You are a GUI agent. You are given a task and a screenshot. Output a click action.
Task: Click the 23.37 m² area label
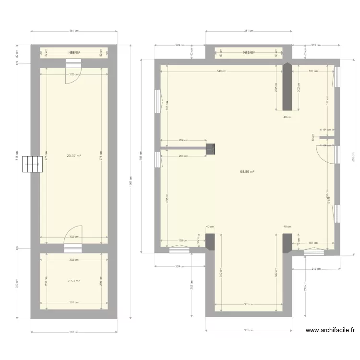(73, 156)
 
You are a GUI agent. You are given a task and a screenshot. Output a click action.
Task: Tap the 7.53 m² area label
(73, 282)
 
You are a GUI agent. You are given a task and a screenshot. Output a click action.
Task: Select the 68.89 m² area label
(247, 171)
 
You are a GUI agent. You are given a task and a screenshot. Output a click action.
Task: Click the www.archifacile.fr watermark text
(331, 330)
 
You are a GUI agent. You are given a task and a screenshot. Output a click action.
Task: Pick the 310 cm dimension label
(17, 283)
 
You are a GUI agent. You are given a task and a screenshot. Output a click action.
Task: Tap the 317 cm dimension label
(327, 101)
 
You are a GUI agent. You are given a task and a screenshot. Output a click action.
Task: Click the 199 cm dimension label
(182, 241)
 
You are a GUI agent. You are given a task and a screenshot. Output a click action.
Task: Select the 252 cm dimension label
(191, 287)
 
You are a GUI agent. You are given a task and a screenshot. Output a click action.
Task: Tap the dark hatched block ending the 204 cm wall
(210, 149)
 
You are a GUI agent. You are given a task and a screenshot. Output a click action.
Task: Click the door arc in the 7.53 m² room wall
(74, 235)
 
